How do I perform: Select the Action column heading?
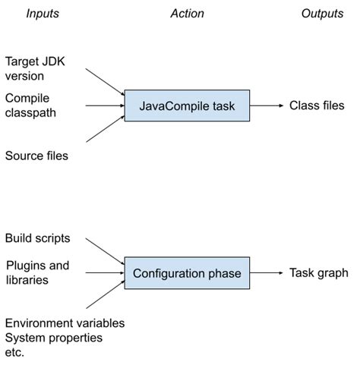click(x=188, y=14)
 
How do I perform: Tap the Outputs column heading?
click(x=322, y=14)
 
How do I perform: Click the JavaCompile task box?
click(x=188, y=106)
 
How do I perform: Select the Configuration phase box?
click(x=187, y=273)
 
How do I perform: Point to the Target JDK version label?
click(x=35, y=68)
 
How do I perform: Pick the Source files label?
click(x=36, y=156)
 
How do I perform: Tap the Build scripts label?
click(x=38, y=238)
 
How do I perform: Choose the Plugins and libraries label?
click(x=37, y=273)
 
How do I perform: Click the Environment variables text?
click(x=65, y=323)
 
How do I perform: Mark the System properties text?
click(x=53, y=337)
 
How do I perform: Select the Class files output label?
click(x=317, y=106)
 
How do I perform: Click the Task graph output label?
click(x=318, y=273)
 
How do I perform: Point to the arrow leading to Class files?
click(x=267, y=106)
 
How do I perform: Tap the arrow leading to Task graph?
click(x=267, y=273)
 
